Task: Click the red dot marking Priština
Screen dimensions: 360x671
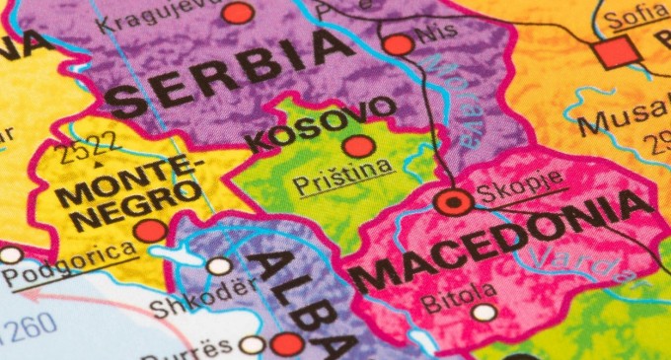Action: click(359, 147)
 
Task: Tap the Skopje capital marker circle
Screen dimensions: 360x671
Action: click(454, 203)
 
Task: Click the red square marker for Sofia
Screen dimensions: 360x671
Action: click(615, 52)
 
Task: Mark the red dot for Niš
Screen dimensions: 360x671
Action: click(398, 44)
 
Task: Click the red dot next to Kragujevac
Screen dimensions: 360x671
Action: click(237, 13)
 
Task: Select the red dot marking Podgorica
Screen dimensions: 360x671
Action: click(150, 231)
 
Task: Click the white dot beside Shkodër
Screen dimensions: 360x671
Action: click(219, 265)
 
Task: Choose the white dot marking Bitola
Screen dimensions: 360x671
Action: click(484, 313)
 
